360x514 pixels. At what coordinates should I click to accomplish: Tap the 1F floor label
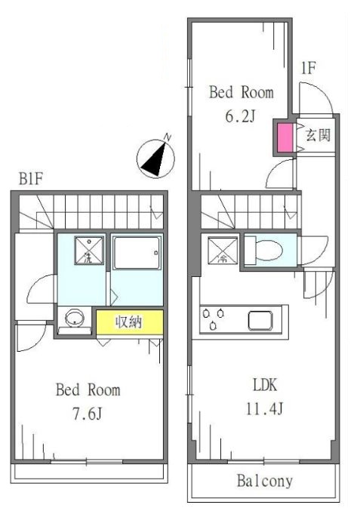tap(309, 69)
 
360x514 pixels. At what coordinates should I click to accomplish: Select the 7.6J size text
tap(88, 414)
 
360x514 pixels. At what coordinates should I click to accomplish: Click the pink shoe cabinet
tap(285, 138)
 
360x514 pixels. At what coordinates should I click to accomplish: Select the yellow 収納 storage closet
tap(129, 322)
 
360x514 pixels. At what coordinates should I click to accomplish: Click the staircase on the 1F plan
tap(249, 208)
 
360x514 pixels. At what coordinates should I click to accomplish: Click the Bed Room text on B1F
tap(88, 391)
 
